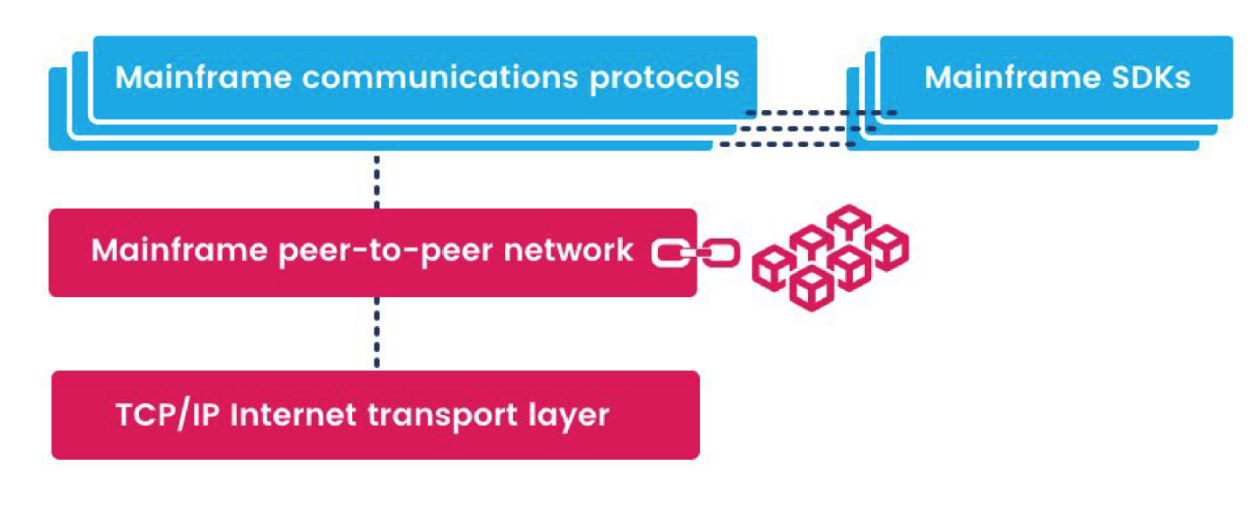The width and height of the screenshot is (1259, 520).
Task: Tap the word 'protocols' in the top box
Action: click(664, 77)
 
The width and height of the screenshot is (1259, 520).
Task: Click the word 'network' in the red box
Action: click(576, 251)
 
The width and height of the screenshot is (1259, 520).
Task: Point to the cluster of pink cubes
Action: click(830, 256)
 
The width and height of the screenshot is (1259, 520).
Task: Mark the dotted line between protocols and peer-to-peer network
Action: click(377, 182)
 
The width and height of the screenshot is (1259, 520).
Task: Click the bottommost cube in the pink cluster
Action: click(811, 288)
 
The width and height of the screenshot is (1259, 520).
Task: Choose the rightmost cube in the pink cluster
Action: click(888, 246)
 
